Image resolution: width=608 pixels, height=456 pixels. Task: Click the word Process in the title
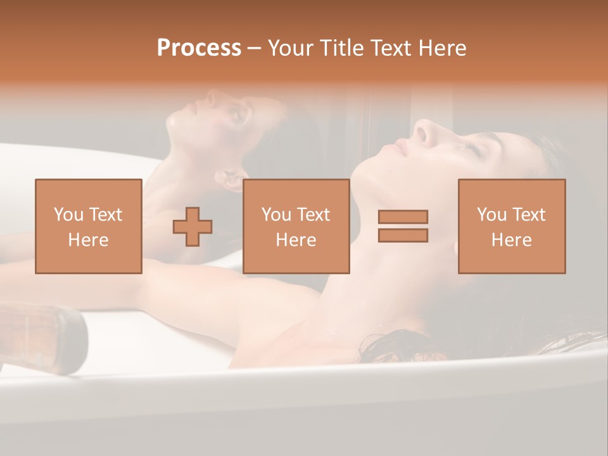199,49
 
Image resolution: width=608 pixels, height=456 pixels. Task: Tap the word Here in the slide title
442,48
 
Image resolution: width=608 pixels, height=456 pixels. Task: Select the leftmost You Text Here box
89,226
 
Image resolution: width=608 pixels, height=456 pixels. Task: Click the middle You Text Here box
296,226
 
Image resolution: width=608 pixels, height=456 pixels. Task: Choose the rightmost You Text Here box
512,226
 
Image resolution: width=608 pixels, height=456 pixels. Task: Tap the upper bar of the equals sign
403,217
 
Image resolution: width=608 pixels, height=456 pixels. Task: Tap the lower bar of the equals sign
403,235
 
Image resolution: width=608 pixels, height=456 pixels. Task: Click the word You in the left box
68,215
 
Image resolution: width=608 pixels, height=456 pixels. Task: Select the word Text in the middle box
313,215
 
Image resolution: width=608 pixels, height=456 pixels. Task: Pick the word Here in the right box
512,240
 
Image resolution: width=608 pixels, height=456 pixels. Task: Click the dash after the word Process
255,49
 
